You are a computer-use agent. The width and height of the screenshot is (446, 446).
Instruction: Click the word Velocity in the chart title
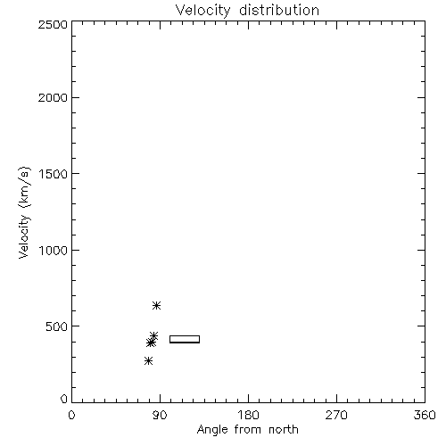pos(203,11)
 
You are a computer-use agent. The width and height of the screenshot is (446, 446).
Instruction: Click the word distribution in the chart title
pos(279,10)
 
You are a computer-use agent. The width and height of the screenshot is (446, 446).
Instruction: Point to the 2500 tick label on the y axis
pos(53,24)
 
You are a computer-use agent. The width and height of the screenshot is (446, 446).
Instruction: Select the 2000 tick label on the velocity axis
pos(53,97)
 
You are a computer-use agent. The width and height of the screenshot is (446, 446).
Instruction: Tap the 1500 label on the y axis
pos(54,174)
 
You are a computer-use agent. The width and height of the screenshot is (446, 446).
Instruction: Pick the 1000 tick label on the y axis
pos(54,250)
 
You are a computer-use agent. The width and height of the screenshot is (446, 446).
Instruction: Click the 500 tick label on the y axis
pos(57,326)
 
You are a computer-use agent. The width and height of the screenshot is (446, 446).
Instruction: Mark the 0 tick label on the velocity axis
pos(64,399)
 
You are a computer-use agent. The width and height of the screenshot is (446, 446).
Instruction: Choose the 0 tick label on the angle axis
pos(71,415)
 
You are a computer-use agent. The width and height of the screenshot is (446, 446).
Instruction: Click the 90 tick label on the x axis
pos(160,415)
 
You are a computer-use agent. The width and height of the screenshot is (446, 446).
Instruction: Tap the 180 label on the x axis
pos(248,415)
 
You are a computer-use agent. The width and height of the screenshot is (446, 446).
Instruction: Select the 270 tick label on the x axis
pos(336,415)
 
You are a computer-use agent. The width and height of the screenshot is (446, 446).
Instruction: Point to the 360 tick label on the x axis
pos(425,415)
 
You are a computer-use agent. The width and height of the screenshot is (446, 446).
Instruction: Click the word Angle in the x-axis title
pos(212,431)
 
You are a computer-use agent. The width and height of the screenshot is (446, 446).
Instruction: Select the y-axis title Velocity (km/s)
pos(24,212)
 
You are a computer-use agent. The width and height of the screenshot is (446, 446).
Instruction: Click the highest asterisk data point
pos(157,305)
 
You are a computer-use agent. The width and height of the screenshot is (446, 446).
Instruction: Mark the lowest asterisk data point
pos(148,361)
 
